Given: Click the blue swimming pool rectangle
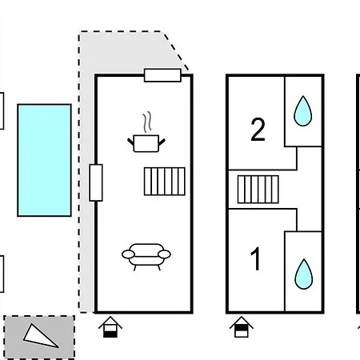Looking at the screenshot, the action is click(44, 160).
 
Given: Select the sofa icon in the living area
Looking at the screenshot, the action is click(146, 257).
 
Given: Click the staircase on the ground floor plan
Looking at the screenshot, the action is click(165, 182).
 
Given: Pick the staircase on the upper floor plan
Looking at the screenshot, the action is click(258, 190).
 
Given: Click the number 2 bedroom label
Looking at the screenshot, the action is click(258, 130).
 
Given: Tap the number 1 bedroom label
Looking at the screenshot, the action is click(255, 258).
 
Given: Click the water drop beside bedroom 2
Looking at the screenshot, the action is click(303, 111).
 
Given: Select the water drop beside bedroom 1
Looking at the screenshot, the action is click(304, 274).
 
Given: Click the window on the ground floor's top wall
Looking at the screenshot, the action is click(162, 75).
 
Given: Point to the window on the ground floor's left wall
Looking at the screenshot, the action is click(96, 182).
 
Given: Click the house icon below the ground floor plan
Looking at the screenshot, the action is click(110, 327).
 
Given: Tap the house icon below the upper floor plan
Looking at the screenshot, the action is click(242, 327).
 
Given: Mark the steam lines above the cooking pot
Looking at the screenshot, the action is click(147, 122).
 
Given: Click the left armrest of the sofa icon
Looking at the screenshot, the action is click(129, 254).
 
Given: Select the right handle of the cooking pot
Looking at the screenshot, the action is click(162, 142).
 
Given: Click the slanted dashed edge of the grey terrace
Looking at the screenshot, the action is click(176, 51).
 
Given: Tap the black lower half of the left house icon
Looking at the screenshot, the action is click(110, 334).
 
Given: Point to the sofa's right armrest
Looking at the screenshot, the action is click(164, 254).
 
